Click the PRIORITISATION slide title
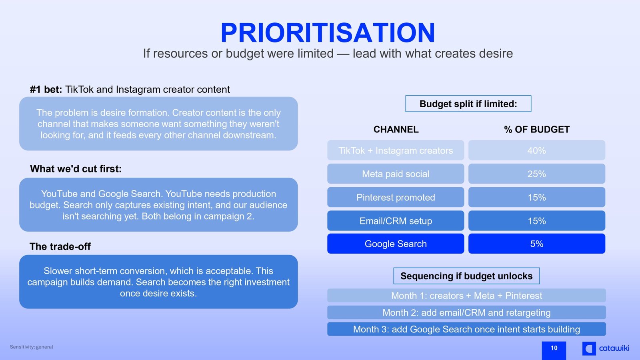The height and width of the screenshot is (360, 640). [x=328, y=32]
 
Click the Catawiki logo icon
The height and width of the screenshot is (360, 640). [x=589, y=348]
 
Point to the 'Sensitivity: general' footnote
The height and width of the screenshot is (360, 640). [x=32, y=347]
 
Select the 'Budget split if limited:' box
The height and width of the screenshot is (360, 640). [x=468, y=104]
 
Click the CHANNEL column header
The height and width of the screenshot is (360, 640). [x=396, y=130]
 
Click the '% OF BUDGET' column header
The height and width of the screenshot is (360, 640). [x=536, y=130]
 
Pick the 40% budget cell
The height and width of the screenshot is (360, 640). [x=536, y=150]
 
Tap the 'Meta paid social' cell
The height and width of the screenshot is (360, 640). [x=396, y=174]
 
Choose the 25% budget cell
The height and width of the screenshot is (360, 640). [x=536, y=174]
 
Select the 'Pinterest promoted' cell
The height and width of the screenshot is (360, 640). [x=396, y=197]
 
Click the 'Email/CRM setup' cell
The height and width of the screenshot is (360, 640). [x=396, y=220]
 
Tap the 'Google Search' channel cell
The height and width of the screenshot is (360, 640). [x=396, y=244]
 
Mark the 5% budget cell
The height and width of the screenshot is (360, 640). [x=536, y=244]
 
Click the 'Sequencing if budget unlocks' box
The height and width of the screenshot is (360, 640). [x=466, y=276]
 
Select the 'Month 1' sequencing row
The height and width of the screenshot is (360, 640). [x=466, y=296]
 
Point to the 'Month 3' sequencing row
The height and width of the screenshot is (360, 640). [x=466, y=329]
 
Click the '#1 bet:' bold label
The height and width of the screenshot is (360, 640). [x=46, y=90]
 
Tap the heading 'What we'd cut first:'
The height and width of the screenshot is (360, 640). [x=76, y=169]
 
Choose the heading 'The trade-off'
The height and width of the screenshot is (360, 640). [x=60, y=246]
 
